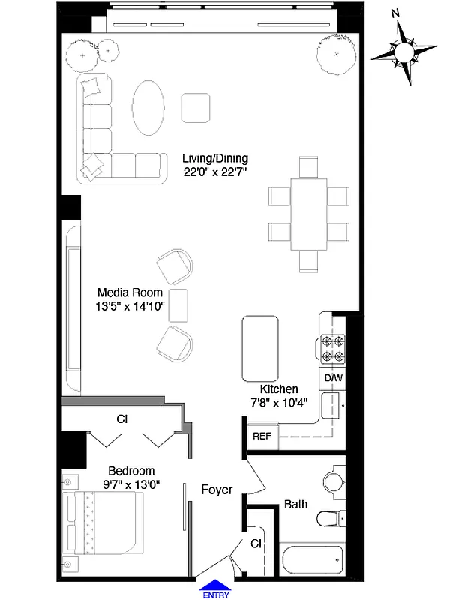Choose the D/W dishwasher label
332,378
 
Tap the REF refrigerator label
262,436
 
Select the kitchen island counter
260,349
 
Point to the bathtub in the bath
310,562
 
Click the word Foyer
217,490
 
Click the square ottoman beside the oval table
196,107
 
